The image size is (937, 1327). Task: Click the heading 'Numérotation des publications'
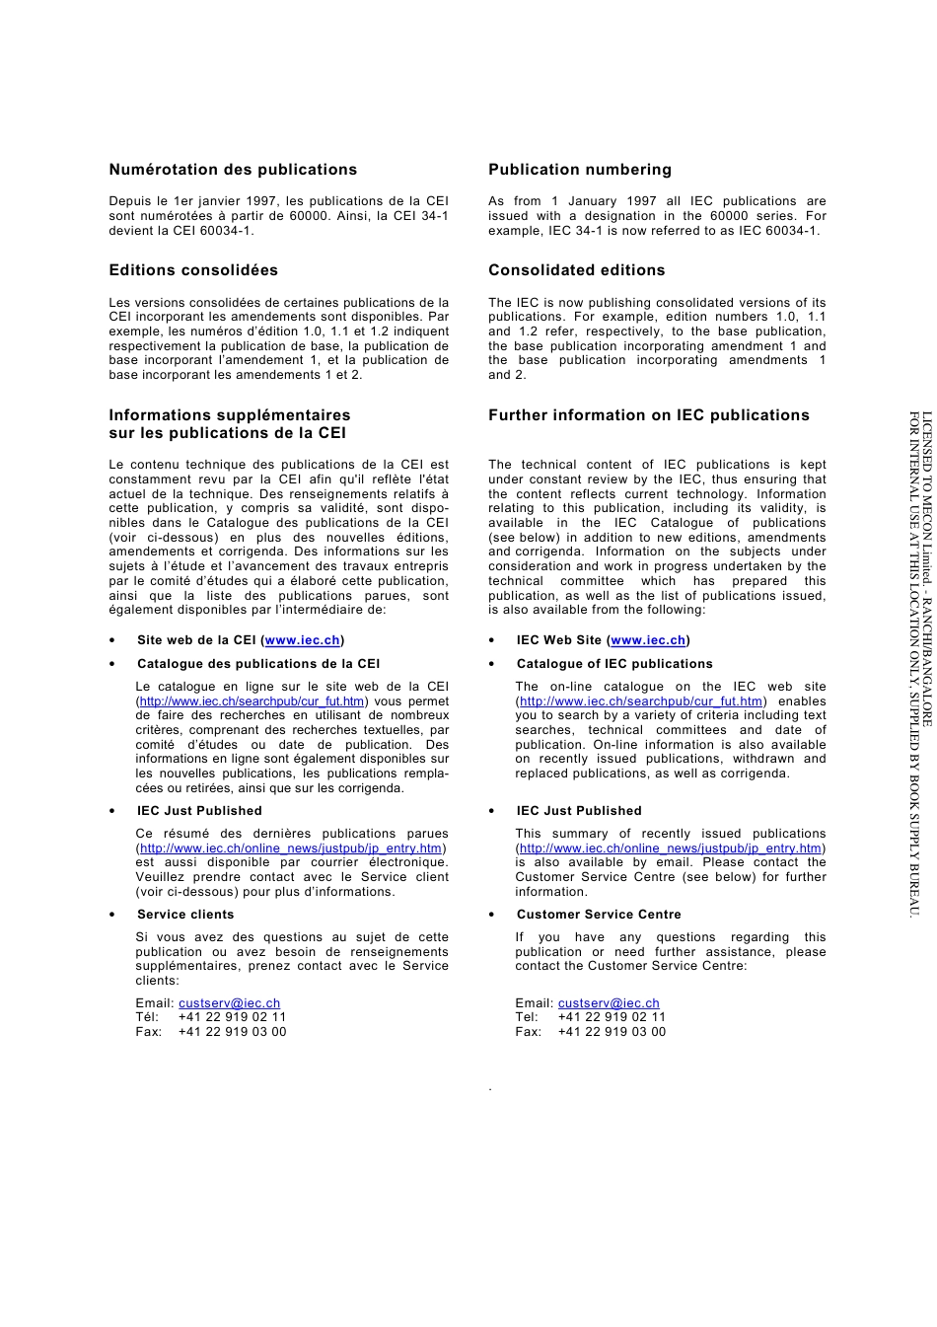coord(233,170)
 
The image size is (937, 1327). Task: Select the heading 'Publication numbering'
coord(579,170)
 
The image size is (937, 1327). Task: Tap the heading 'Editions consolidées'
coord(193,270)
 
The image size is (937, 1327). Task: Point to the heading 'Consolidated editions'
coord(576,270)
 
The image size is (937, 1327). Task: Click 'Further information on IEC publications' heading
coord(648,415)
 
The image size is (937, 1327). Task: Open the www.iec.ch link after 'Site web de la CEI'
coord(302,640)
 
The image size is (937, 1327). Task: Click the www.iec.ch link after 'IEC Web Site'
coord(647,640)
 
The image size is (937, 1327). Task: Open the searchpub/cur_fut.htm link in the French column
coord(252,701)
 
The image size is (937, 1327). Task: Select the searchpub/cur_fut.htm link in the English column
coord(641,701)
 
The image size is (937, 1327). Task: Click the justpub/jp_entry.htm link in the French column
coord(290,848)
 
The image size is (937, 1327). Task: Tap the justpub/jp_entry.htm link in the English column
coord(670,848)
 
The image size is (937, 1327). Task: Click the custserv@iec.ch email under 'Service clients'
coord(229,1003)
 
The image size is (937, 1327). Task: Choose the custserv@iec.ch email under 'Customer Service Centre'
coord(609,1003)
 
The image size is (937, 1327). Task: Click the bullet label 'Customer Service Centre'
coord(599,915)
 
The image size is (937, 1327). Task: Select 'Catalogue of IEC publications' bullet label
coord(613,664)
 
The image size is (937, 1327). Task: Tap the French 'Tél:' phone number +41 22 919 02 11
coord(232,1017)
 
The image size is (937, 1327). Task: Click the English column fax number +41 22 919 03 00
coord(612,1032)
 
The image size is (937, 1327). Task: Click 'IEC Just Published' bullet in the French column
coord(199,811)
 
